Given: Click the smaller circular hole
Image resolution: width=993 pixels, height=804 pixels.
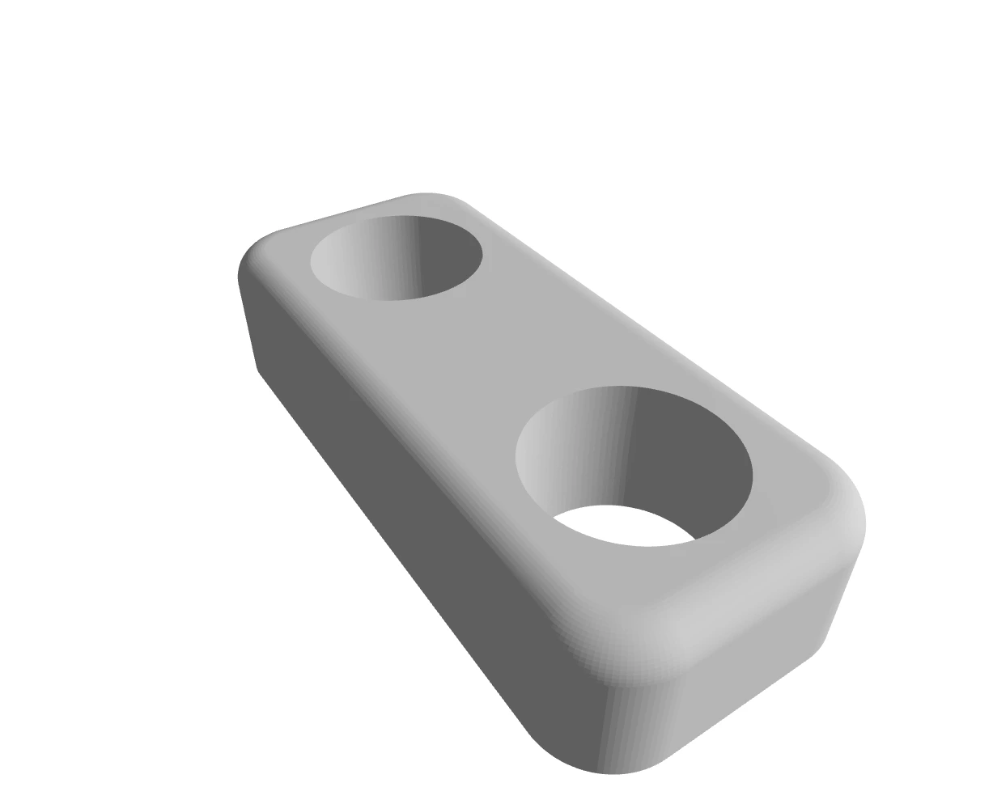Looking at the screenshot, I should (x=397, y=257).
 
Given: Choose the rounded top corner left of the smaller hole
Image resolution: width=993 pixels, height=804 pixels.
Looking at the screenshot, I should (x=259, y=251).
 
